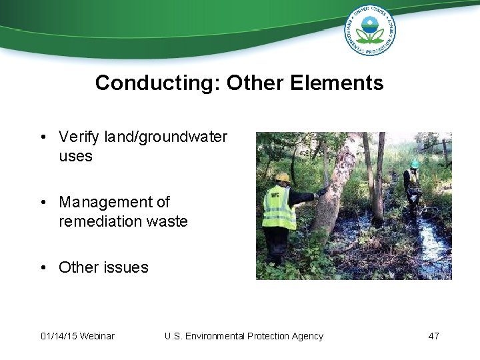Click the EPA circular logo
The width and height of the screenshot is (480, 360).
coord(369,29)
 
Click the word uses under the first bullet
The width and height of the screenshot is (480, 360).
coord(75,157)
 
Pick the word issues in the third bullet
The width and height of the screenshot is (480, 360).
coord(126,267)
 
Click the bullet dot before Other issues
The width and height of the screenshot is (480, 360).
coord(43,267)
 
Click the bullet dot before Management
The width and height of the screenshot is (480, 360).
coord(43,202)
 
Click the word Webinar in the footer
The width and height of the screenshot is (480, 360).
coord(97,336)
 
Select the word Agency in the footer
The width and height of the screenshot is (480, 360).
coord(307,336)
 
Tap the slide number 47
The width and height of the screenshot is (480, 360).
coord(433,336)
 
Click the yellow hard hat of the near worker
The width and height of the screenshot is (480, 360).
coord(283,178)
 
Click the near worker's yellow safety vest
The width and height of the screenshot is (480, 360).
coord(278,208)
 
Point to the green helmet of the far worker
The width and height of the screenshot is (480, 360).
coord(415,163)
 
